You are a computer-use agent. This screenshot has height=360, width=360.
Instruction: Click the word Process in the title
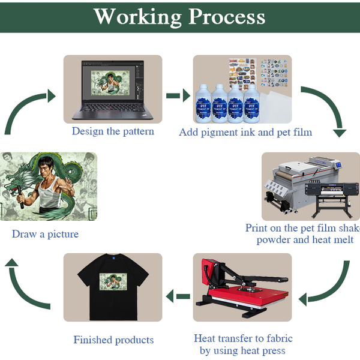[227, 17]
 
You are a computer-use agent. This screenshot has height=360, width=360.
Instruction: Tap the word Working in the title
[138, 17]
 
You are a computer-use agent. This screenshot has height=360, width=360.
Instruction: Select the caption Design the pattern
[113, 131]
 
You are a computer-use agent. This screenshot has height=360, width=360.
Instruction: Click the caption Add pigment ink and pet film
[245, 132]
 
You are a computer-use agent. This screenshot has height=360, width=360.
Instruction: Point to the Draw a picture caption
[45, 234]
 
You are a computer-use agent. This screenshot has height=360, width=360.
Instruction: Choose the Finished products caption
[113, 340]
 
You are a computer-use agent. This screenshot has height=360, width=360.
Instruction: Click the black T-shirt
[113, 287]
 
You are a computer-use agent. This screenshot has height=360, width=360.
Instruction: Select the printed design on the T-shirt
[113, 282]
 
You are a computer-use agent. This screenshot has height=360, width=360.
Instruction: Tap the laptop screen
[113, 81]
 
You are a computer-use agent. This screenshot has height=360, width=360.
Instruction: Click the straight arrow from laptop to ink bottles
[178, 95]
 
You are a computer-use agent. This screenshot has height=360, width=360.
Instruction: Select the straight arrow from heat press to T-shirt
[178, 296]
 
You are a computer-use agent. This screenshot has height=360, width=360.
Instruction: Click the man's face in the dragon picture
[47, 168]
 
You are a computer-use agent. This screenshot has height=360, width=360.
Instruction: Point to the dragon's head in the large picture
[13, 184]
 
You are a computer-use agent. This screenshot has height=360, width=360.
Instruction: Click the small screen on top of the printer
[338, 165]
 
